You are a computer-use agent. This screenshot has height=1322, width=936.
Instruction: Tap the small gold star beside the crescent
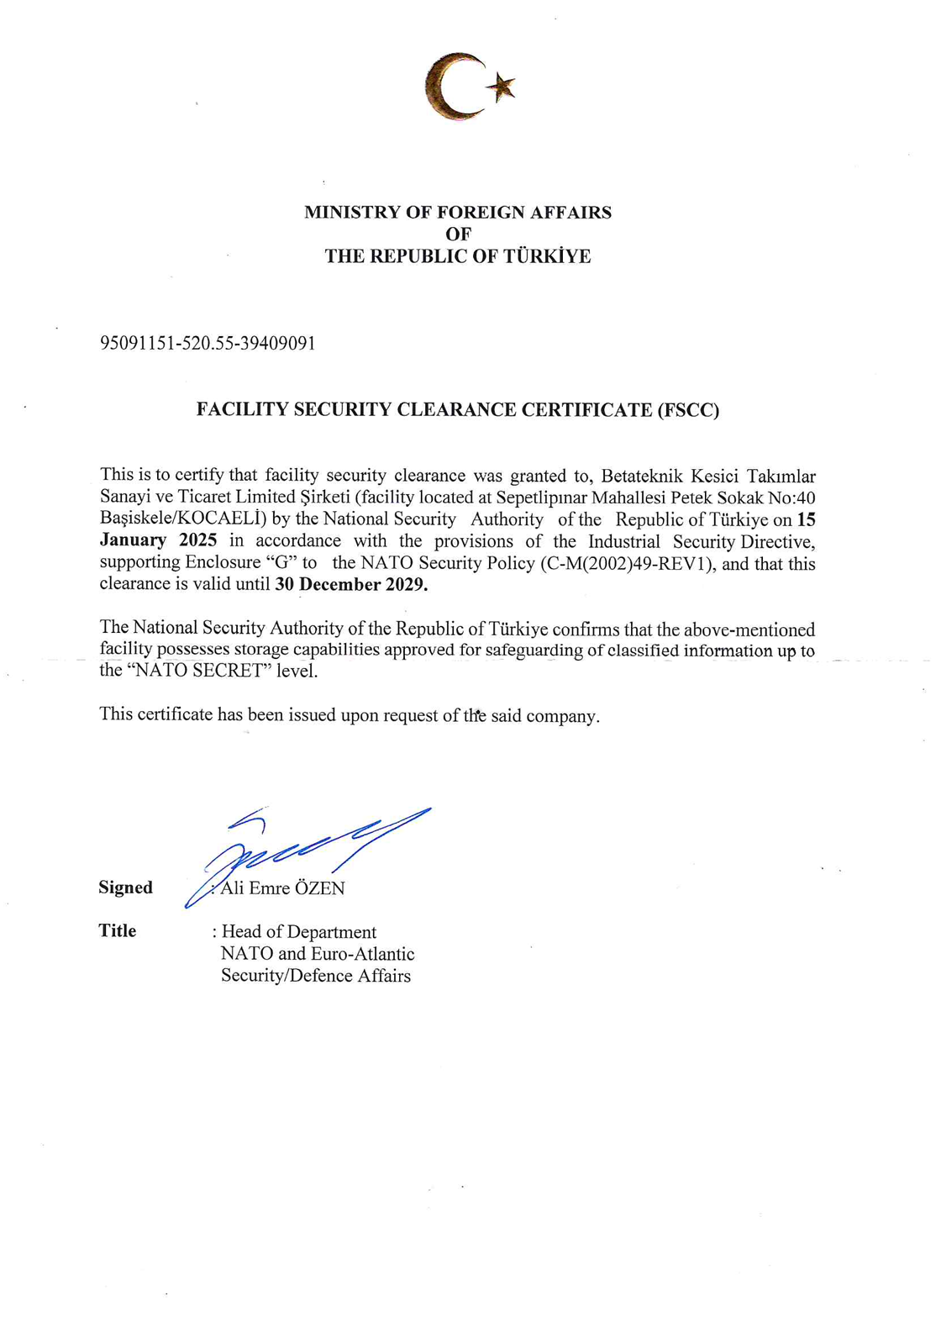502,85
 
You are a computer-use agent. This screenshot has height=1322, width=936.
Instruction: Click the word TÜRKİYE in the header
547,256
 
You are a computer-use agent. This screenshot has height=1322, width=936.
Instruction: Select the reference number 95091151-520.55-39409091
208,343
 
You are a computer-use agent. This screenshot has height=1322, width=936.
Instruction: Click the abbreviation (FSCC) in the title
688,410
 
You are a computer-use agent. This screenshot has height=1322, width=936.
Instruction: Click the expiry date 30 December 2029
351,585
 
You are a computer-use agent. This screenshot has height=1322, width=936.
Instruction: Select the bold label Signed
125,887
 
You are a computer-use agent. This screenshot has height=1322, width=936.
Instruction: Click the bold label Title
117,930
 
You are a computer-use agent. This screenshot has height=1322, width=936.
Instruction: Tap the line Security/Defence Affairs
315,976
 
